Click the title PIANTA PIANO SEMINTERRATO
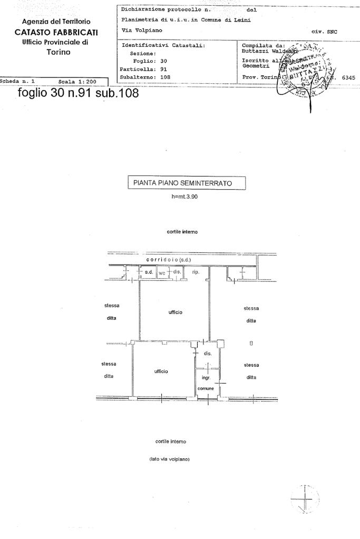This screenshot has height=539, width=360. point(187,183)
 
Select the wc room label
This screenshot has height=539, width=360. point(162,273)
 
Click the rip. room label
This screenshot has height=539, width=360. point(196,272)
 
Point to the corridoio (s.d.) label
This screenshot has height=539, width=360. point(169,260)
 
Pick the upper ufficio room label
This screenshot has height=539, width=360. point(176,312)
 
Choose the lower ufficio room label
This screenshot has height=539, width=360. point(161,371)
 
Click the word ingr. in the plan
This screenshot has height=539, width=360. point(206,378)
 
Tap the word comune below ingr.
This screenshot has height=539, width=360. point(206,388)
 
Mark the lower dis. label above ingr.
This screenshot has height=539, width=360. point(208,354)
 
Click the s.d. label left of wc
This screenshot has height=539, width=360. point(149,272)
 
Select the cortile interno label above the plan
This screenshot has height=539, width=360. point(182,232)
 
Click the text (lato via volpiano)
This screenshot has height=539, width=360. point(170,459)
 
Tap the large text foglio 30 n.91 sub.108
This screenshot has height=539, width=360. point(78,94)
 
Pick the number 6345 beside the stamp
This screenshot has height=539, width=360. point(348,77)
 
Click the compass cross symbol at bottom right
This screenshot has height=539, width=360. point(306,498)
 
